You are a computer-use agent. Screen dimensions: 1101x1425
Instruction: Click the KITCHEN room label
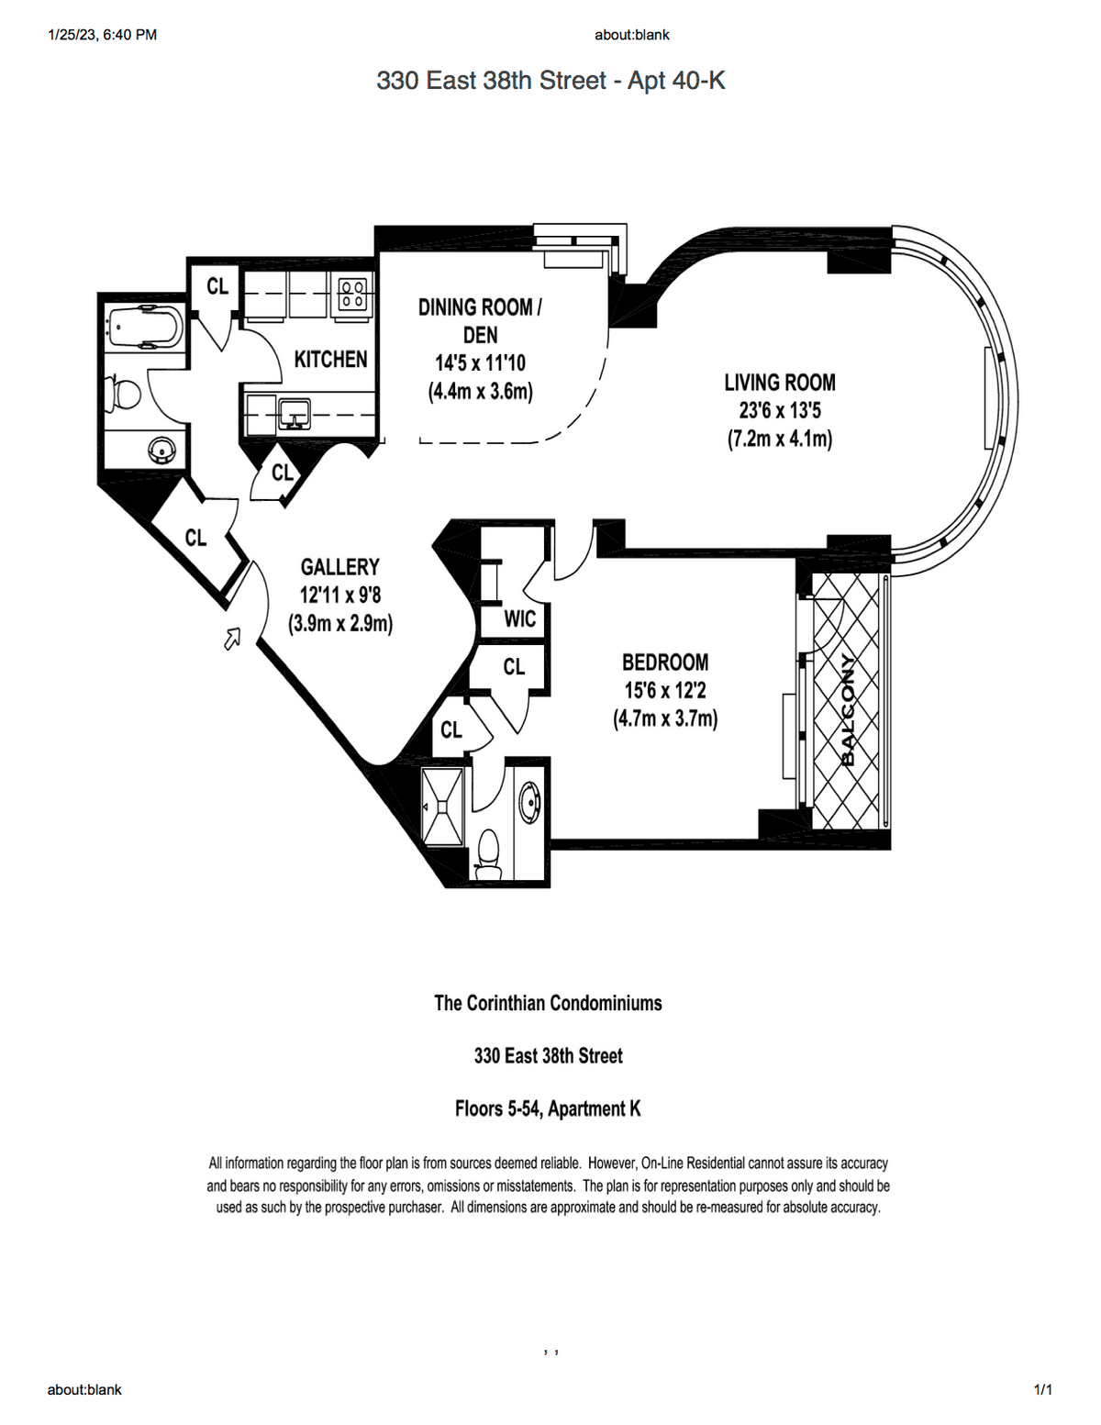330,360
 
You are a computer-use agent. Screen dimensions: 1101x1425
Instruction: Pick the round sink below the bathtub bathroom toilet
161,450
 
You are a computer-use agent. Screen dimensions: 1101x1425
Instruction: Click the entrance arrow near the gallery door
233,638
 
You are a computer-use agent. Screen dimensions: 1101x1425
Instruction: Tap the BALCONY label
848,710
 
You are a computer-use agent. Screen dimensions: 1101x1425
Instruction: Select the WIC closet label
520,618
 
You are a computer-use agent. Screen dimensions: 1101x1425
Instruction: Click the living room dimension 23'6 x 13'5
780,410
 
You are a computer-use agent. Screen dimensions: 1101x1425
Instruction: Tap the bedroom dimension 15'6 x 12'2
665,691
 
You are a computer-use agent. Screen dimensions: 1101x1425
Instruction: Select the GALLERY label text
339,566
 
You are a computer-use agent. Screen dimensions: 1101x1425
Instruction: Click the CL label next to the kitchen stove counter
217,286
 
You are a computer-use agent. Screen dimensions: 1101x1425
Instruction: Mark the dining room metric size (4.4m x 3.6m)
481,392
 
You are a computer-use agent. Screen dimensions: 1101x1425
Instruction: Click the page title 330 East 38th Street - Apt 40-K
550,81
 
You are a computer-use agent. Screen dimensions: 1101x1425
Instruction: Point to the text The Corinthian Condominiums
548,1003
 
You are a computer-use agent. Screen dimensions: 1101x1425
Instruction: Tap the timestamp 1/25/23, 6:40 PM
102,35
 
